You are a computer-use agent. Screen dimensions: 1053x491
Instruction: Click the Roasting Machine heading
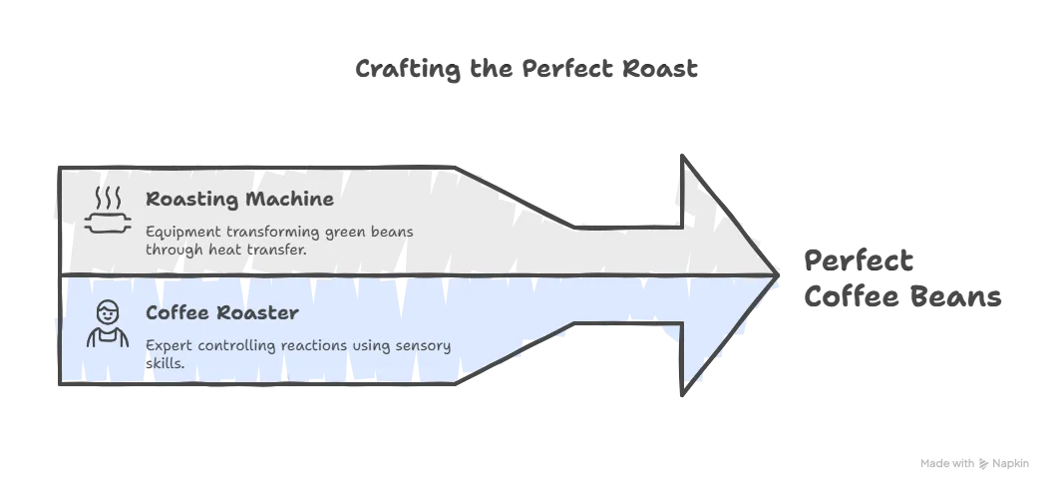(x=239, y=199)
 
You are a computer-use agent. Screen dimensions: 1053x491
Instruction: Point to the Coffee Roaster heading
(x=222, y=313)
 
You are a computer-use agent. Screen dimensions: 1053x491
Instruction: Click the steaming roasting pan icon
(x=108, y=211)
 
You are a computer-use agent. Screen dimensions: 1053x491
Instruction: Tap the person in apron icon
(x=108, y=323)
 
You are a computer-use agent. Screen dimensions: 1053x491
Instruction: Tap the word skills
(x=166, y=362)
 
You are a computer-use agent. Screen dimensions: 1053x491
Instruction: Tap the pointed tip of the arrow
(x=778, y=274)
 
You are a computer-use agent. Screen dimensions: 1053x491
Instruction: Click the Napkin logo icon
(x=984, y=463)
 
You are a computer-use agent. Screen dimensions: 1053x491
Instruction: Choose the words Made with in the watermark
(x=947, y=463)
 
